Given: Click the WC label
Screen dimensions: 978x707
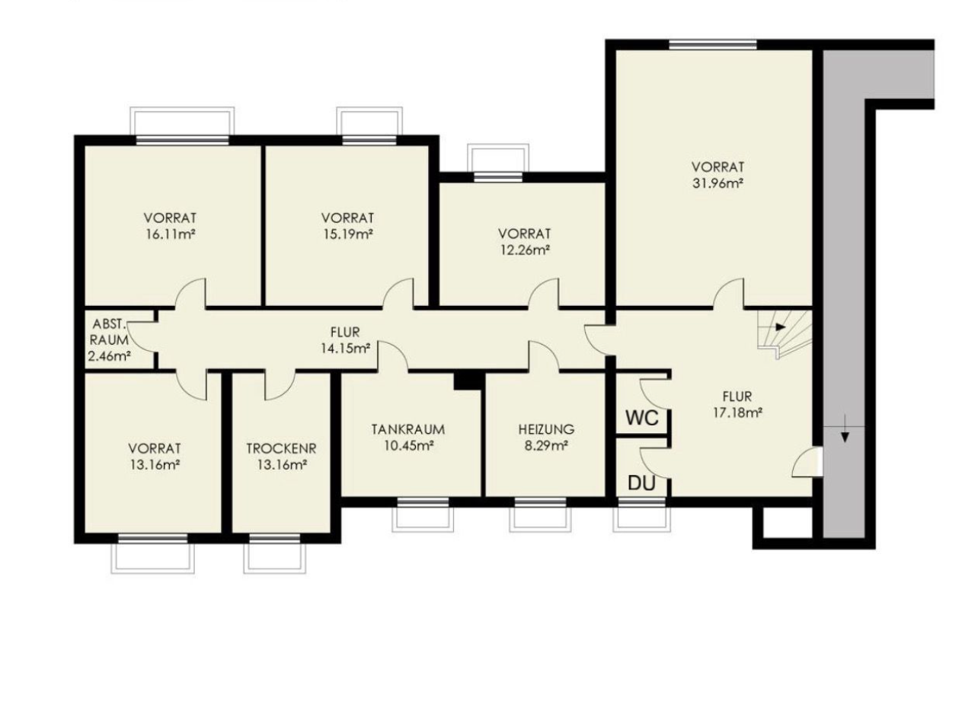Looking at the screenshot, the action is pos(642,418).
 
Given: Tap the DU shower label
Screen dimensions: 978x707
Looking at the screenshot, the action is pos(641,483).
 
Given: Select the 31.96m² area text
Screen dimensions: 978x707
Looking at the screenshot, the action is pos(718,183).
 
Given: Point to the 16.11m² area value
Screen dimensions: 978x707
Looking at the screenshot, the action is pos(170,234).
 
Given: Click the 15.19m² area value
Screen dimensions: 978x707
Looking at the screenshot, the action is pos(347,234).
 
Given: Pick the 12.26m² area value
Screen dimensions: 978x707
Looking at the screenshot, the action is pos(524,250).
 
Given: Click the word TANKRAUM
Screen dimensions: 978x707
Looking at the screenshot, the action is pos(408,430).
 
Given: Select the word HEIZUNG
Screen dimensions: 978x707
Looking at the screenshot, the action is pos(546,430).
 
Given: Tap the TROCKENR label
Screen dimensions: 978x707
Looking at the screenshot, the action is pos(281,448).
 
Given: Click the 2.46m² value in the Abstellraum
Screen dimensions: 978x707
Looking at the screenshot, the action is pos(110,356).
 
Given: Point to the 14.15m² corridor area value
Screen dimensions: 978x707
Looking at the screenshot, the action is pos(345,349).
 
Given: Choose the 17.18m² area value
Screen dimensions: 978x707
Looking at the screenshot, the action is pos(737,412).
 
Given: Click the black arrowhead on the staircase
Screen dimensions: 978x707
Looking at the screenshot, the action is pos(781,327).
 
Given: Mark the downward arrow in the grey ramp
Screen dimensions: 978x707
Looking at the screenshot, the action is pos(845,429).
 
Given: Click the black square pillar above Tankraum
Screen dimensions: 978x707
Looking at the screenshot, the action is pos(469,381).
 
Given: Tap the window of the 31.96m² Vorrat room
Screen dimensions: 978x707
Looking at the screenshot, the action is pos(712,44).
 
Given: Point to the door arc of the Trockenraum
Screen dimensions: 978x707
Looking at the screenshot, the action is pos(280,387).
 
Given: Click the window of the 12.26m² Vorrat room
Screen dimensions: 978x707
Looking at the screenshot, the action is pos(498,177).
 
